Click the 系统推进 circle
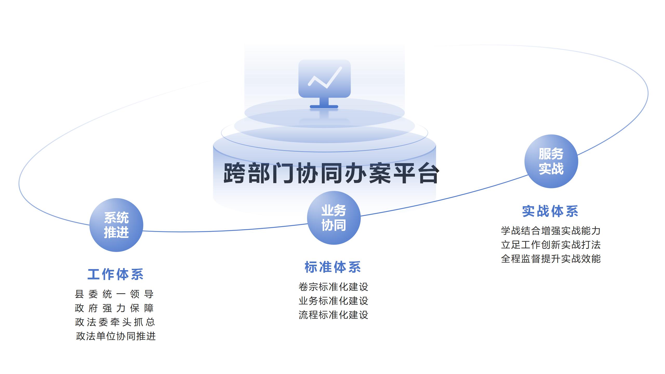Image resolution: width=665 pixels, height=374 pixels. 116,225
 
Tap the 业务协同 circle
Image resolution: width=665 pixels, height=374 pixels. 334,218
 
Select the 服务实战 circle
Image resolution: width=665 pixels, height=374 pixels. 551,161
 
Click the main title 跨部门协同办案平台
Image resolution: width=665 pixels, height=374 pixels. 331,173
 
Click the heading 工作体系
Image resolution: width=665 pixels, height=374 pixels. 116,274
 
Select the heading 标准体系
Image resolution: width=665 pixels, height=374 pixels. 333,267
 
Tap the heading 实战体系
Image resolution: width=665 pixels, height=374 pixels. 550,211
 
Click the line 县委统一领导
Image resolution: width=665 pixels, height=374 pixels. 114,294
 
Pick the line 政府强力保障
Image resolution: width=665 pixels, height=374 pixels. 114,308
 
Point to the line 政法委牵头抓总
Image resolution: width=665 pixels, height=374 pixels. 115,322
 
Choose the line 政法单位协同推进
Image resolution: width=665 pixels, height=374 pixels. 116,336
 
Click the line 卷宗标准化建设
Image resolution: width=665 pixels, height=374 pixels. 333,287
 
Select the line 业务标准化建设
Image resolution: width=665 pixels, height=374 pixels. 333,301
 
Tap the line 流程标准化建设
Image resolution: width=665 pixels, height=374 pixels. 333,315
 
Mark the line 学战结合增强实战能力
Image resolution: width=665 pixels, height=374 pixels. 551,231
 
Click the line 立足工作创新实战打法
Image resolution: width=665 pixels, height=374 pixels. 551,245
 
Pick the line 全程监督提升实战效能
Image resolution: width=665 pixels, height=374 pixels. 551,259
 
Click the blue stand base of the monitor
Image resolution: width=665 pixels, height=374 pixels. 324,106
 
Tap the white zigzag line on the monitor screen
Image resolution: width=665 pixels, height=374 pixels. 325,78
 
